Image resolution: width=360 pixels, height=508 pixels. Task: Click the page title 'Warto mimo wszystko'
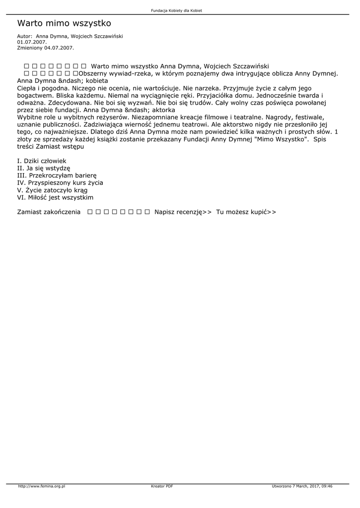[x=64, y=23]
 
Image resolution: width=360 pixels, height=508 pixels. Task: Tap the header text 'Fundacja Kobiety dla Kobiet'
[x=180, y=10]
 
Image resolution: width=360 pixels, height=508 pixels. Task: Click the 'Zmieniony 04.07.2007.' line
[x=45, y=48]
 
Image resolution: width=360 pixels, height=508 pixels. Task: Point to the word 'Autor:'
[x=24, y=36]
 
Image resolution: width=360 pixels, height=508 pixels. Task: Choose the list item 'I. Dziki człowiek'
[x=42, y=161]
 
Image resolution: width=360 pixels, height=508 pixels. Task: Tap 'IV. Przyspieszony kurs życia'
[x=60, y=183]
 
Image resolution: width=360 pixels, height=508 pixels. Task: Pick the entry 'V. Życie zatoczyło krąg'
[x=52, y=190]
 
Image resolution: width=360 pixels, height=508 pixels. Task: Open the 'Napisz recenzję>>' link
[x=183, y=212]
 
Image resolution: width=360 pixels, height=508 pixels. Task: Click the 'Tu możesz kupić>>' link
[x=246, y=212]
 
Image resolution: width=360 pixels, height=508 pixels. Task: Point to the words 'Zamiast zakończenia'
[x=49, y=212]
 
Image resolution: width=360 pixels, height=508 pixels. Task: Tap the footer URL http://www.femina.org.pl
[x=42, y=486]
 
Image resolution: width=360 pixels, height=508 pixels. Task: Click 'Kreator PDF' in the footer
[x=162, y=486]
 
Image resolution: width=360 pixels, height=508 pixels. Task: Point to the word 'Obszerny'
[x=94, y=73]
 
